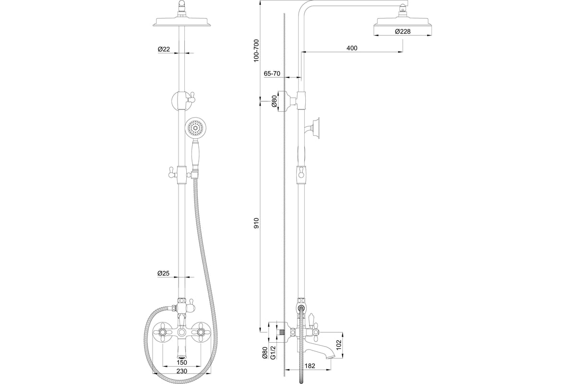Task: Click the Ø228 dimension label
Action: (x=403, y=32)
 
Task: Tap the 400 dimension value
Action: (x=352, y=48)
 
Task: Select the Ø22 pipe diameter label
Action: (x=164, y=49)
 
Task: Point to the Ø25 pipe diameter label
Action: (x=164, y=273)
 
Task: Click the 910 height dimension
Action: (x=257, y=223)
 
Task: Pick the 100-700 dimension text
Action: (x=257, y=51)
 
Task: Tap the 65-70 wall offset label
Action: (x=272, y=73)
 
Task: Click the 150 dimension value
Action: (x=182, y=362)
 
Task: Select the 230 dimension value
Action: (x=182, y=371)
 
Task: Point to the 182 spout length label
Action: (x=310, y=366)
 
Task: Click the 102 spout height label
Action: (x=339, y=345)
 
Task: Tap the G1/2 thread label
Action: (x=273, y=352)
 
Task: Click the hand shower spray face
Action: (x=195, y=128)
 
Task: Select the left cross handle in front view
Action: (x=163, y=333)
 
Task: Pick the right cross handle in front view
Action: (x=201, y=333)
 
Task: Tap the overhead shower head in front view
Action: (x=182, y=22)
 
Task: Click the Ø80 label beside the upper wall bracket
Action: (x=274, y=101)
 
